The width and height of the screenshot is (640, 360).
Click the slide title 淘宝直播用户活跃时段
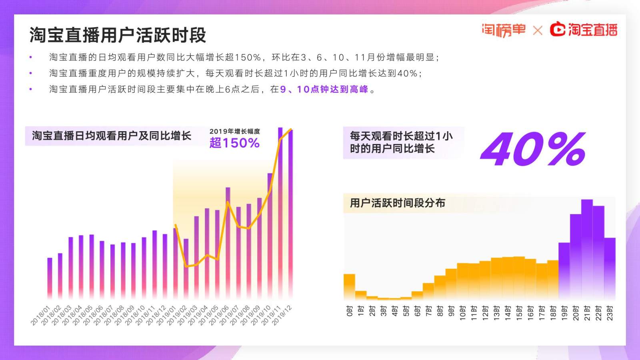pyautogui.click(x=118, y=35)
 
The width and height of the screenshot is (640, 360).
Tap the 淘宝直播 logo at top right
pyautogui.click(x=584, y=30)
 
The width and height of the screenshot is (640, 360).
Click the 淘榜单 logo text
pyautogui.click(x=503, y=30)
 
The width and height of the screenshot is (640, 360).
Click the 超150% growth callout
pyautogui.click(x=234, y=143)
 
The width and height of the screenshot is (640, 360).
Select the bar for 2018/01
pyautogui.click(x=50, y=278)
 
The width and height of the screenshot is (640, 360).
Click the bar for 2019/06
pyautogui.click(x=228, y=242)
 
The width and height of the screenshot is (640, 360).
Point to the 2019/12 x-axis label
pyautogui.click(x=282, y=316)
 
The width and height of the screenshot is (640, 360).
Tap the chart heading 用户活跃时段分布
pyautogui.click(x=397, y=203)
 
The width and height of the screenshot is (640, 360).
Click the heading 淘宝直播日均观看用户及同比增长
pyautogui.click(x=112, y=136)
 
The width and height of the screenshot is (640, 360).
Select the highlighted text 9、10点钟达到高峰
pyautogui.click(x=324, y=90)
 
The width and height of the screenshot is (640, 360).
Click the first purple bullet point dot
pyautogui.click(x=31, y=58)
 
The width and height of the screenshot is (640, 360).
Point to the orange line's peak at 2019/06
pyautogui.click(x=228, y=202)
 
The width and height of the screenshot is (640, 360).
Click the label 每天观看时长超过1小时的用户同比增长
pyautogui.click(x=401, y=142)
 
